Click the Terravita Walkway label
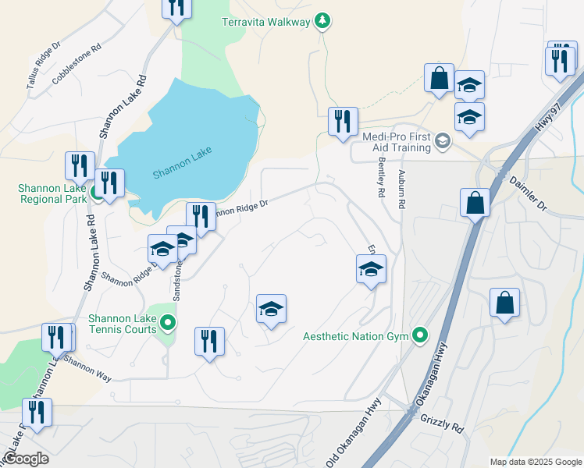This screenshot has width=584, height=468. click(265, 22)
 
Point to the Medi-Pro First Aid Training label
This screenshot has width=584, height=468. click(396, 141)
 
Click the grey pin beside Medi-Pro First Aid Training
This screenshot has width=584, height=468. click(443, 140)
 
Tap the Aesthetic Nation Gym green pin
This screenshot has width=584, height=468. click(420, 336)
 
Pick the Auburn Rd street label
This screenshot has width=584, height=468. click(402, 189)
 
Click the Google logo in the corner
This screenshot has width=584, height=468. click(25, 459)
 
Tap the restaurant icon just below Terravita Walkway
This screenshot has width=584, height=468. click(343, 122)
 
